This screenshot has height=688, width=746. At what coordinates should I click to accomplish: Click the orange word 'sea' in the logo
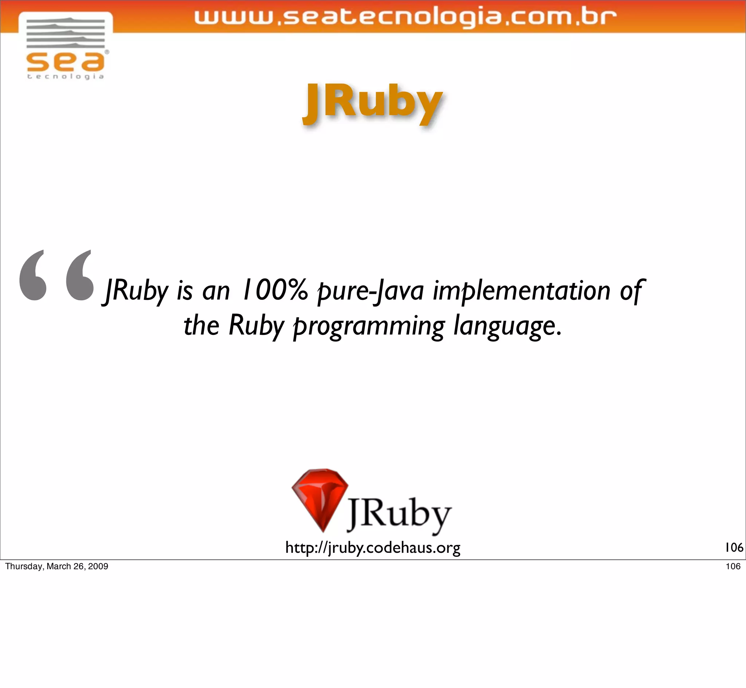point(66,62)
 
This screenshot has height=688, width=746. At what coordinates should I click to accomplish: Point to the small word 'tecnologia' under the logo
point(66,77)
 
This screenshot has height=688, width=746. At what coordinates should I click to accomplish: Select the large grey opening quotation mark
point(56,275)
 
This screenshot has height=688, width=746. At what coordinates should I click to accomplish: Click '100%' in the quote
point(275,290)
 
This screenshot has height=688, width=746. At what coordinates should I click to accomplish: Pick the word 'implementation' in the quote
point(521,291)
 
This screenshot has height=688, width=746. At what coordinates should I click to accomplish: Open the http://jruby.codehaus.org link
point(373,548)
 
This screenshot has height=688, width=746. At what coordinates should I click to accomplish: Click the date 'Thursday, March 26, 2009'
point(56,566)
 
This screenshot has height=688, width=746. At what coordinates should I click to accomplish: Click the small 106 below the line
point(733,566)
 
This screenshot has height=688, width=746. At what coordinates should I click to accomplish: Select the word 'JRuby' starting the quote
point(136,291)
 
